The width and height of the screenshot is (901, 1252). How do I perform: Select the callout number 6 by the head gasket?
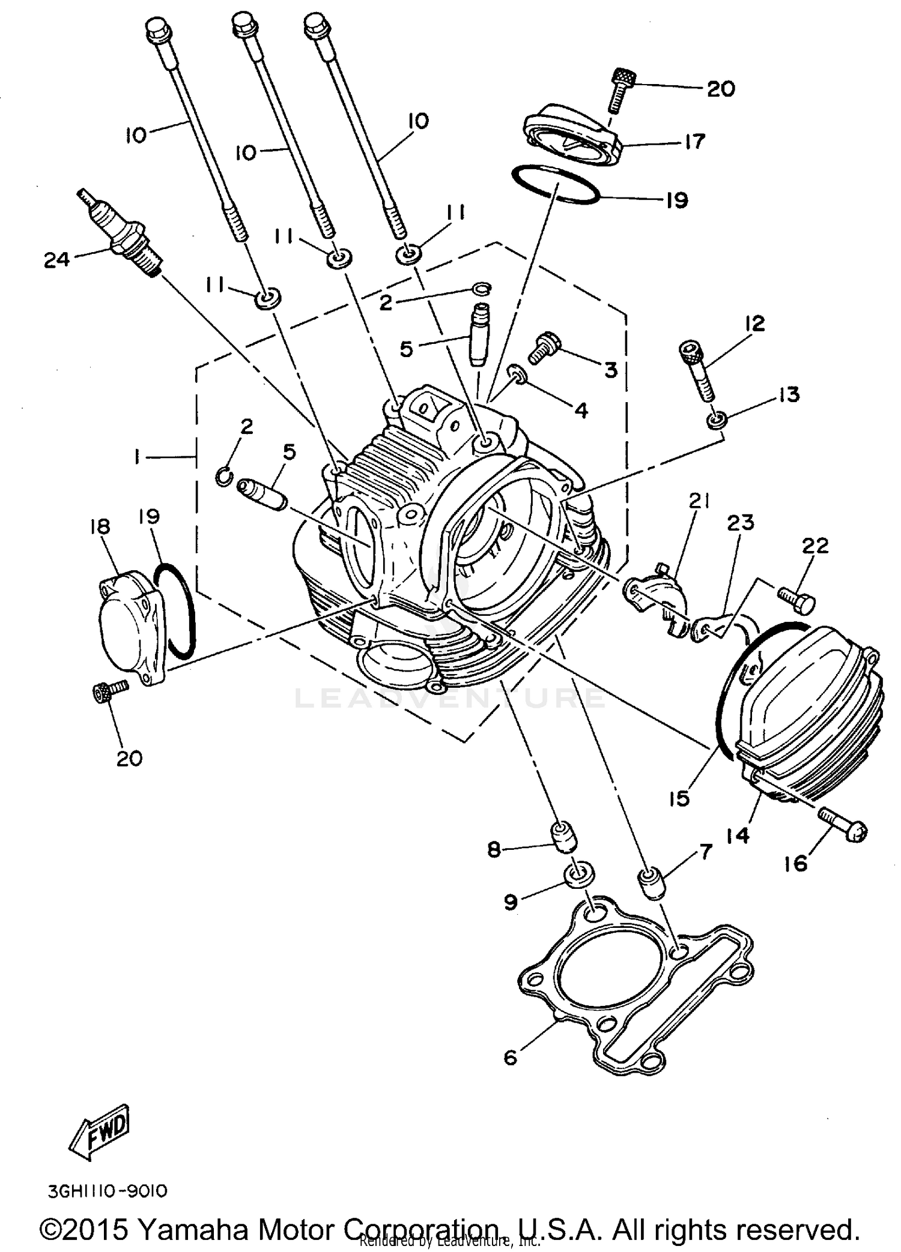510,1057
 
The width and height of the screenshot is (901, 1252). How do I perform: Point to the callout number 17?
694,142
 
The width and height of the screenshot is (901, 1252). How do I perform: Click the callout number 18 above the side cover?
100,526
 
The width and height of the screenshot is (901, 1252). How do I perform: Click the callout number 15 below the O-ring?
679,798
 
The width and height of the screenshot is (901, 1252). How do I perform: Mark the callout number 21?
699,501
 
